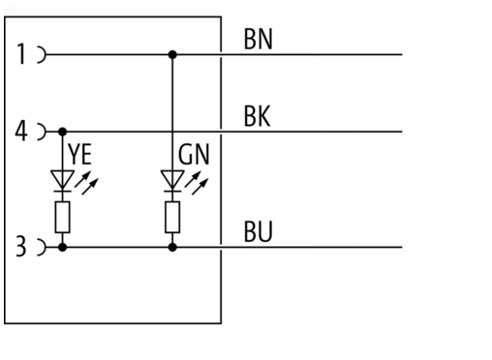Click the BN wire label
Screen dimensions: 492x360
259,39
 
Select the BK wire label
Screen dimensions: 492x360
257,116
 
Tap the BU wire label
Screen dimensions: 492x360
259,231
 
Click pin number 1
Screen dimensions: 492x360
21,54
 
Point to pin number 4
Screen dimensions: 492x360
21,131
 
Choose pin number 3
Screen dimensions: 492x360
21,247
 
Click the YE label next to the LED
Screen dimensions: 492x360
80,154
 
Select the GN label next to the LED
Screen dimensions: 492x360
194,154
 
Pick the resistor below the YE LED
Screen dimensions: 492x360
63,217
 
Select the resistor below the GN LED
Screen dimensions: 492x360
172,217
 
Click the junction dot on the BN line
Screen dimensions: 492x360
172,54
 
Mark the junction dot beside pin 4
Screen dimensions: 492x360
63,132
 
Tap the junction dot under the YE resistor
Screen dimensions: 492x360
63,248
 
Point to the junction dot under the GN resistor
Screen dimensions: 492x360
172,248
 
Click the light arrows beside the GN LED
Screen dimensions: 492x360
197,183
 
